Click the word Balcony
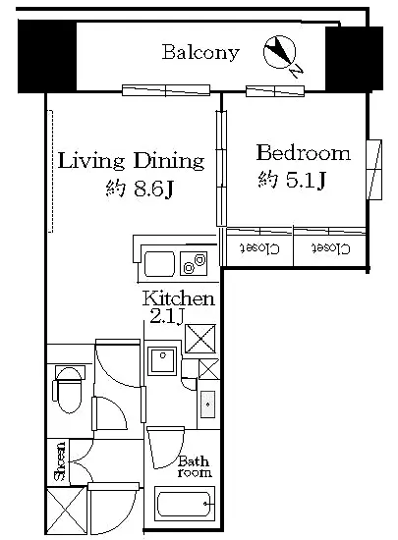coord(200,53)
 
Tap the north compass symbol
coord(281,54)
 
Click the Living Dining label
coord(131,161)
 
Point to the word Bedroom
coord(304,153)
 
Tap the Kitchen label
coord(179,298)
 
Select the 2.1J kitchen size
coord(166,316)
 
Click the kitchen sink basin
coord(159,264)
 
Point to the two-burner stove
coord(194,264)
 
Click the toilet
coord(69,389)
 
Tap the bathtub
coord(185,504)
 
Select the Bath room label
coord(194,466)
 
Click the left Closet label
coord(259,248)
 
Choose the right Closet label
coord(330,248)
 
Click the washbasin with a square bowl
coord(162,360)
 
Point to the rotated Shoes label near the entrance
coord(60,460)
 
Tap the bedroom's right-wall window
coord(374,170)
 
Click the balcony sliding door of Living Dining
coord(166,90)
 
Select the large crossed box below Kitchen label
coord(200,339)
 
